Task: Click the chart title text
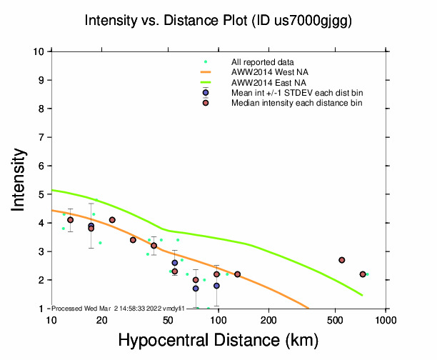[218, 21]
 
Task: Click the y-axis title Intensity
[20, 180]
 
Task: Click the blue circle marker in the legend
[206, 93]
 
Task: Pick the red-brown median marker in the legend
[206, 103]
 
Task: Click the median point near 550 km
[342, 260]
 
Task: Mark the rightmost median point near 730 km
[363, 274]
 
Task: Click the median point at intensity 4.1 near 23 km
[112, 220]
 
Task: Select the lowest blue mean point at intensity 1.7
[196, 289]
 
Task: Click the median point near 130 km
[237, 274]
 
